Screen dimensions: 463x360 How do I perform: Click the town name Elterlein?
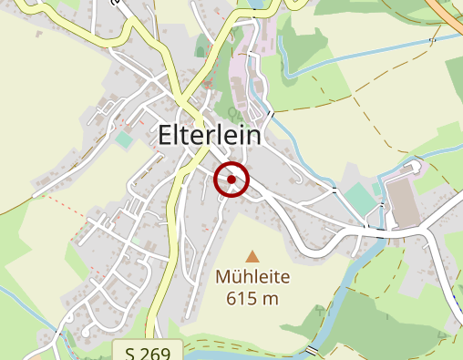click(209, 135)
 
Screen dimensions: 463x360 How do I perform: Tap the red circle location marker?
click(232, 180)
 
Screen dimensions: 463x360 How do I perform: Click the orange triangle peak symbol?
click(252, 257)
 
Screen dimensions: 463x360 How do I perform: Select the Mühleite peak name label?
click(252, 277)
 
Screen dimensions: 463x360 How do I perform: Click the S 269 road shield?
click(149, 352)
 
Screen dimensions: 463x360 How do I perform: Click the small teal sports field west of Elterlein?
click(123, 139)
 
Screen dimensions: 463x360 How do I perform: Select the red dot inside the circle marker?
click(232, 180)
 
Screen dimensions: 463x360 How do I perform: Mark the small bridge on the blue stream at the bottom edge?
click(313, 350)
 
